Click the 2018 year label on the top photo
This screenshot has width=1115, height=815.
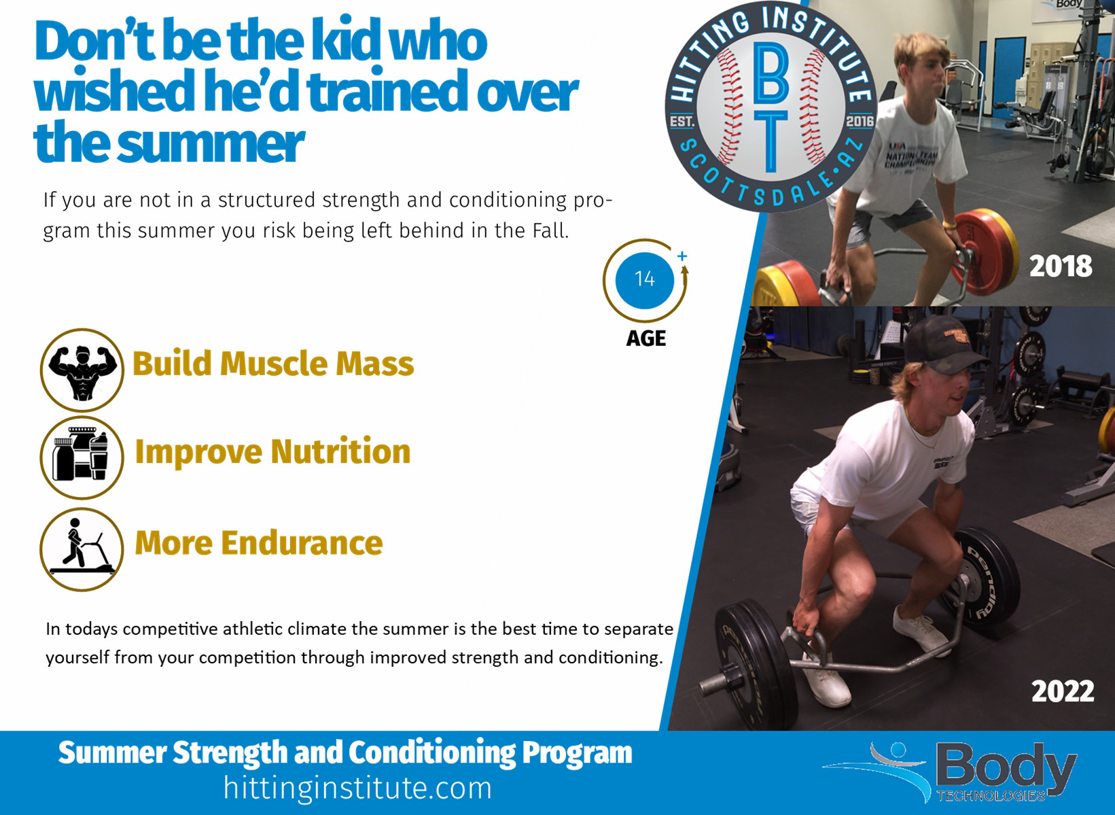coord(1061,266)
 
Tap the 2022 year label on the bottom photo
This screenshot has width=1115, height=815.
coord(1063,691)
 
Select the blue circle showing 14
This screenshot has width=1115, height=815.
coord(645,280)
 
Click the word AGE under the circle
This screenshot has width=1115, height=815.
coord(645,339)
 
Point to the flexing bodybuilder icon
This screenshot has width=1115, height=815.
coord(82,370)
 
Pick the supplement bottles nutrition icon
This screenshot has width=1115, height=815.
coord(82,457)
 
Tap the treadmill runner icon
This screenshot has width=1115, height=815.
coord(82,550)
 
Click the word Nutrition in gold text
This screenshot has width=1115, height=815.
coord(341,452)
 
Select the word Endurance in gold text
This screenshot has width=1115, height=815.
coord(302,542)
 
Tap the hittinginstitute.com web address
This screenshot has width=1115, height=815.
coord(357,788)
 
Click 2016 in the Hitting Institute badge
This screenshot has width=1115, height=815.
coord(860,121)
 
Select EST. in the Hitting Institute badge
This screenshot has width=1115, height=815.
coord(682,122)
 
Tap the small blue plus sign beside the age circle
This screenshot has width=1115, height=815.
coord(682,256)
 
